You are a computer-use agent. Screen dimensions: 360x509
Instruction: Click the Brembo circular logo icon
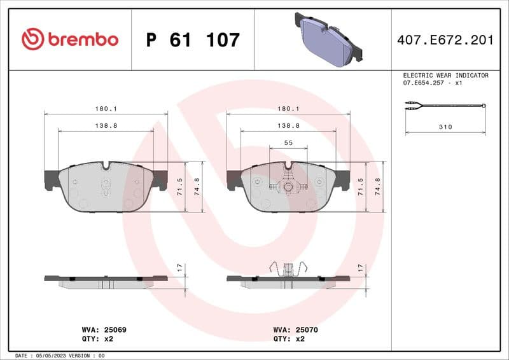[32, 39]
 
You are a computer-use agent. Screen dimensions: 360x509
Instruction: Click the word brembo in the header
[82, 39]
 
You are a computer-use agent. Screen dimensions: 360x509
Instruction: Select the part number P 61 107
[193, 40]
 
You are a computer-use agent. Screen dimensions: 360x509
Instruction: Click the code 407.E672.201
[445, 40]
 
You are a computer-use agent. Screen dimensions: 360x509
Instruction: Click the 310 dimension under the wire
[445, 127]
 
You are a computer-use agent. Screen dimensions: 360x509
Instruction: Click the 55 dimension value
[288, 143]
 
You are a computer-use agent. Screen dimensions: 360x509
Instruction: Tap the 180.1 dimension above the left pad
[106, 109]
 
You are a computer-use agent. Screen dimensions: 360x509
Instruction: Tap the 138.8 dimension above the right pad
[288, 126]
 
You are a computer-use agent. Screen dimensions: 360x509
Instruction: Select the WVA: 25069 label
[104, 330]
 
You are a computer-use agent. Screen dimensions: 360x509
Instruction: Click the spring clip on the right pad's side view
[288, 269]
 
